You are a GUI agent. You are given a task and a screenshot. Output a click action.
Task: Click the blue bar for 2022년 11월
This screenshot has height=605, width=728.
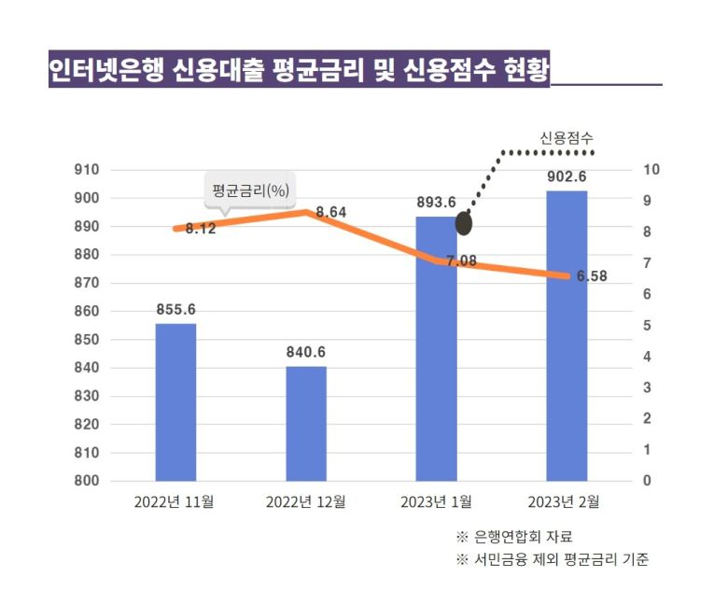175,401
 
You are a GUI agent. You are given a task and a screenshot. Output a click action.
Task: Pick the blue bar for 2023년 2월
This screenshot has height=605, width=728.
567,336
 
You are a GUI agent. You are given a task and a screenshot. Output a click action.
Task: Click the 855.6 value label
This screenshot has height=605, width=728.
175,310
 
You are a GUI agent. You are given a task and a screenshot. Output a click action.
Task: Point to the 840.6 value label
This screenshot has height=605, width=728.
306,352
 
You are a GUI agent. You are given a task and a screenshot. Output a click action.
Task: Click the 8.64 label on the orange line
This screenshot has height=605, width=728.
331,213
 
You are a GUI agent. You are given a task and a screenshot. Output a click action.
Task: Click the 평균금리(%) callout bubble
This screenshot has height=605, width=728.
249,190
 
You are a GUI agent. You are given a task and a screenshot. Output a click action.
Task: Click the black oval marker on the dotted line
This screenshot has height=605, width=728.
464,224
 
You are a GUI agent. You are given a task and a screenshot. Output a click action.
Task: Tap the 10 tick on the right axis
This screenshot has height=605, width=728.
651,170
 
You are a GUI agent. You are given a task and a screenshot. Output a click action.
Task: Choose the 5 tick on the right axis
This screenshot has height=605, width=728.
648,326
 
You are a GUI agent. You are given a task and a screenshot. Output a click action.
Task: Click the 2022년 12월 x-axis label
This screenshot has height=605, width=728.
305,502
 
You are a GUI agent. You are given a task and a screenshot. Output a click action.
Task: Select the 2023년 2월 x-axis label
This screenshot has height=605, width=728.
564,502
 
